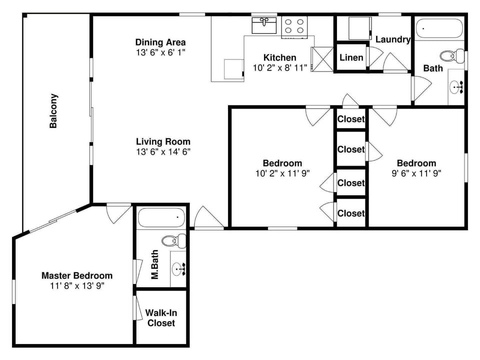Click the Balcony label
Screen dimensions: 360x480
click(x=53, y=111)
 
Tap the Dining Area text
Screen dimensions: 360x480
click(x=160, y=42)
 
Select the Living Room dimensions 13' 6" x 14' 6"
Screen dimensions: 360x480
click(x=163, y=152)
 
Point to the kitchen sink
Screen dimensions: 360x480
click(x=265, y=24)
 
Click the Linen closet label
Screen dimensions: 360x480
click(x=351, y=57)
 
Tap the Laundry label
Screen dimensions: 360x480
click(x=393, y=39)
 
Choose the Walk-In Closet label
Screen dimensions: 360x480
click(x=161, y=318)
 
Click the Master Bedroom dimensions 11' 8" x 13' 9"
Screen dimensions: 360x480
click(x=76, y=286)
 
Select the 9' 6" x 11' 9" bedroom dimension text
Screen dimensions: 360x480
click(x=416, y=173)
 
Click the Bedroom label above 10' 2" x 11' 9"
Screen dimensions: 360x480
click(x=282, y=163)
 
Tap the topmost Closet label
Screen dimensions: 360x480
click(x=351, y=119)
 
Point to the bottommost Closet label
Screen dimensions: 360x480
click(x=351, y=213)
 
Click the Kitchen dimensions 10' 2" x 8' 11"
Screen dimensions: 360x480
click(x=280, y=68)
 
